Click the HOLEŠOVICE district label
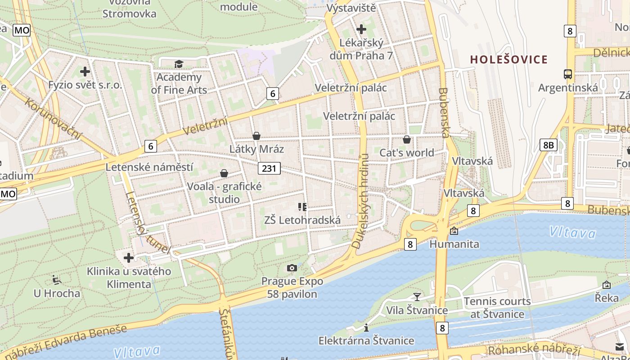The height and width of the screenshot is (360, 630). (509, 59)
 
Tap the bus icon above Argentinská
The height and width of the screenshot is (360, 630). (568, 74)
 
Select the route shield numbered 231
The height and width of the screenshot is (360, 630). (269, 168)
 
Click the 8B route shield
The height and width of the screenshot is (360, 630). (548, 145)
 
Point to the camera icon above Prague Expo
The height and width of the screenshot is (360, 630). (292, 268)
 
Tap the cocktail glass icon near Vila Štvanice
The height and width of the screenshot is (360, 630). (417, 297)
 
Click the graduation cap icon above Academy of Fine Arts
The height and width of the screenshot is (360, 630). (179, 64)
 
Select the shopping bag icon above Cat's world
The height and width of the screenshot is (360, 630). (407, 139)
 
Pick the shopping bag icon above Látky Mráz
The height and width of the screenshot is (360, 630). (256, 136)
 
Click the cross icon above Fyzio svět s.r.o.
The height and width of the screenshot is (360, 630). (85, 72)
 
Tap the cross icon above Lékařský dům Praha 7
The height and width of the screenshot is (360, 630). (361, 30)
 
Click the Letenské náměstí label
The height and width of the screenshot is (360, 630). (149, 167)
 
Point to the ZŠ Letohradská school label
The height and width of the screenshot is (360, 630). (302, 220)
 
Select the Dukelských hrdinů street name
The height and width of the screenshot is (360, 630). (361, 201)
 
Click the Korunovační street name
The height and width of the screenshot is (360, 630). (54, 119)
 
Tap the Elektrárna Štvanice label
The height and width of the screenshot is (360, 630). (366, 341)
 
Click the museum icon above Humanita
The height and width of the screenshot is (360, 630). (454, 231)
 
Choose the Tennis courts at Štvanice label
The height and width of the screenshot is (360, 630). (497, 307)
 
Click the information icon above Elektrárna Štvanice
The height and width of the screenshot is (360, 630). (366, 328)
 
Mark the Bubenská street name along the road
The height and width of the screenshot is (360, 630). (445, 112)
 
